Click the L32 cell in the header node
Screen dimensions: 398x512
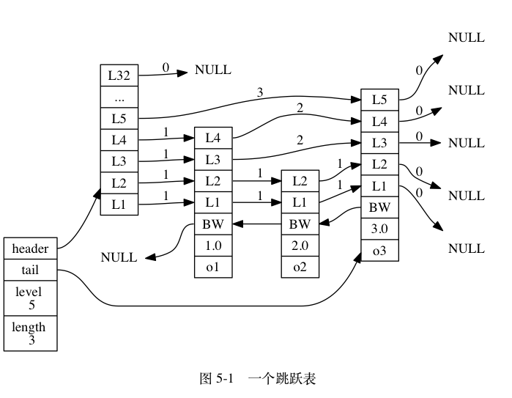click(119, 75)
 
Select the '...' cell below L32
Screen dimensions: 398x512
click(119, 96)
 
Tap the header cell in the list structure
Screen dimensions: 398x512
click(30, 248)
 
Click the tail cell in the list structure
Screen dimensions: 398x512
click(30, 270)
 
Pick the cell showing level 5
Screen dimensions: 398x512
click(30, 298)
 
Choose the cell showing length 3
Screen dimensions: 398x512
click(30, 333)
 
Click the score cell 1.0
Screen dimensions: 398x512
click(212, 246)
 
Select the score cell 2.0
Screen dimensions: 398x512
click(300, 246)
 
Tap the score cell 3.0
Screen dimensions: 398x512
click(379, 229)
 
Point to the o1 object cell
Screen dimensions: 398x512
click(212, 268)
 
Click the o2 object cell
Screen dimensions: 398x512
click(300, 268)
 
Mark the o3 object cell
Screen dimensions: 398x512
click(379, 251)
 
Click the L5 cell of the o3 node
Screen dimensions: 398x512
click(379, 99)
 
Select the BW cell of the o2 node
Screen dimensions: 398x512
click(300, 224)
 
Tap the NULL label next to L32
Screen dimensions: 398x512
click(212, 70)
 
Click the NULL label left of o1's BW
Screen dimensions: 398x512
click(119, 257)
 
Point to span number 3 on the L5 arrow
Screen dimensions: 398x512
click(260, 92)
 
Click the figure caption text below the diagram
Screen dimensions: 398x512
click(257, 379)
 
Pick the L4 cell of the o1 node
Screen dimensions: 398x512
click(212, 137)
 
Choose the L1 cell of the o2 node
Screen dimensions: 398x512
click(300, 202)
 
